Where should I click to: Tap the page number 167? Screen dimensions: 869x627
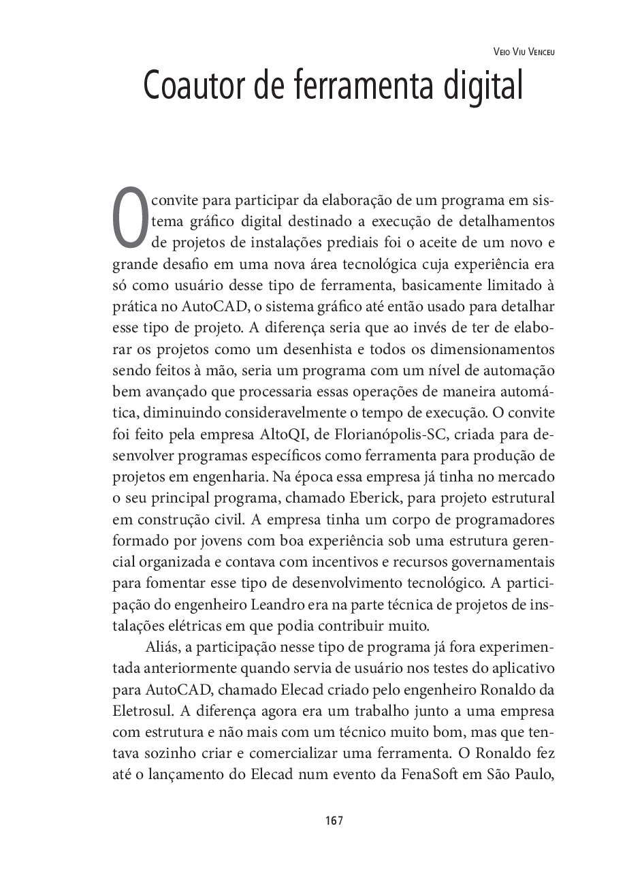pyautogui.click(x=334, y=821)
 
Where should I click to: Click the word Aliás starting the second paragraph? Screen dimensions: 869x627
pyautogui.click(x=161, y=647)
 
